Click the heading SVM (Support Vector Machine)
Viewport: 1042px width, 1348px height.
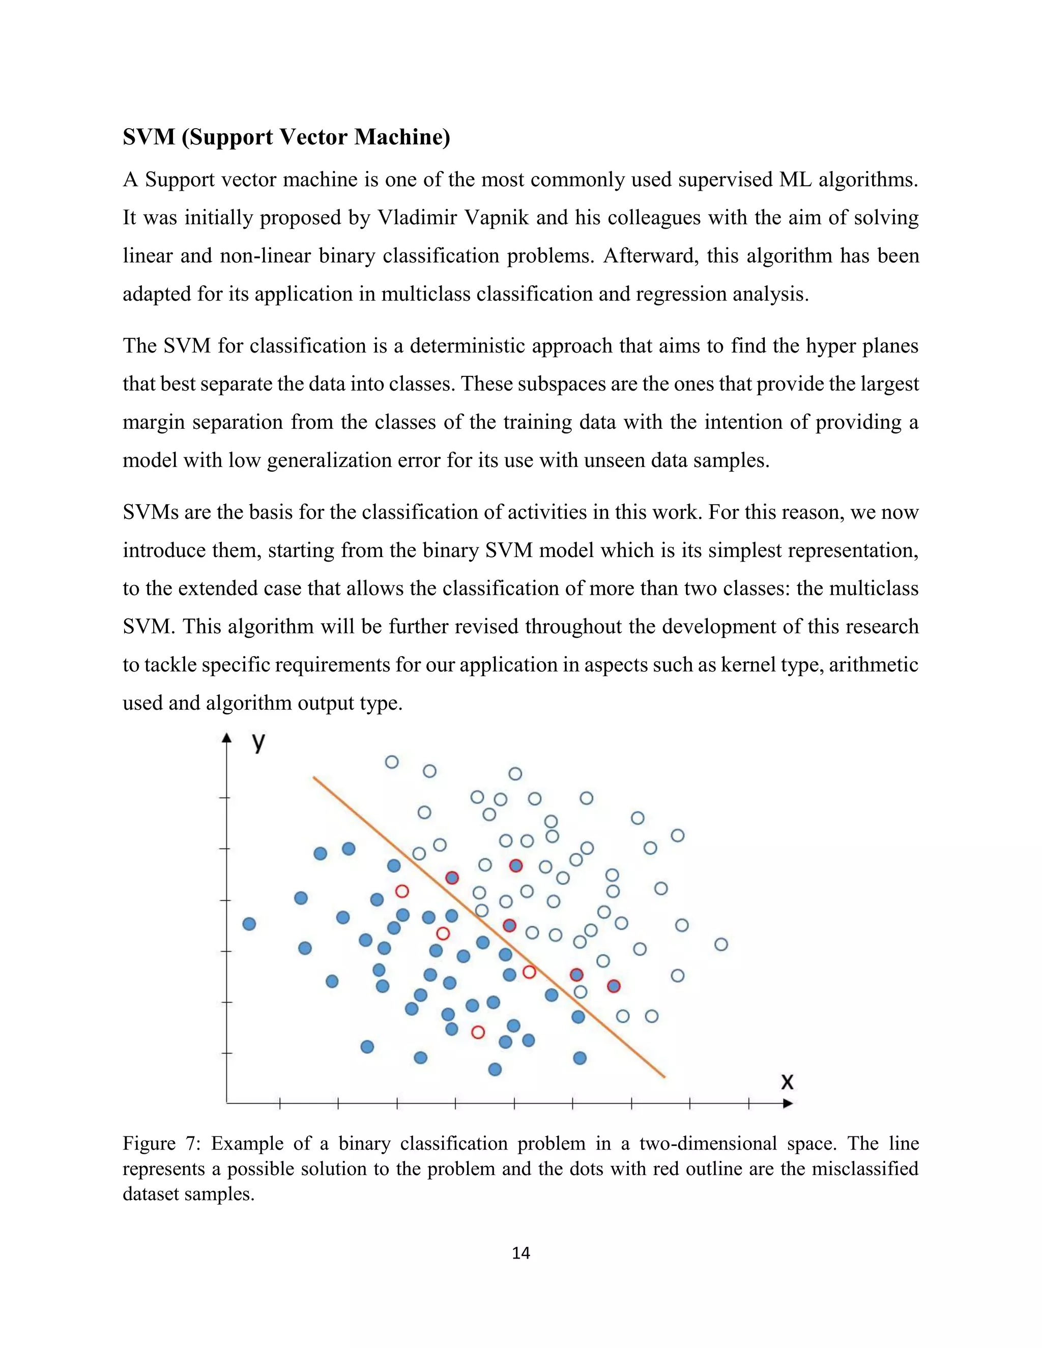pyautogui.click(x=286, y=136)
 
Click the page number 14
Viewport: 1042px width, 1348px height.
pyautogui.click(x=520, y=1252)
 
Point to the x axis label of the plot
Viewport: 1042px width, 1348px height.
pyautogui.click(x=787, y=1081)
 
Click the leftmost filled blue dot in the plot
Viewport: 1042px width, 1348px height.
pyautogui.click(x=249, y=923)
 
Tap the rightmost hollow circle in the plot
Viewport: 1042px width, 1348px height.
pyautogui.click(x=721, y=944)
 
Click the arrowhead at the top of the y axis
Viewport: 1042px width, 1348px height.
pyautogui.click(x=226, y=738)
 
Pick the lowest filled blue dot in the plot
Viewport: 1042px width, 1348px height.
pyautogui.click(x=495, y=1069)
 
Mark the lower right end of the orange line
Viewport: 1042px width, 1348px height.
pyautogui.click(x=664, y=1077)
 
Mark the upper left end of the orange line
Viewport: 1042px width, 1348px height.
pyautogui.click(x=314, y=777)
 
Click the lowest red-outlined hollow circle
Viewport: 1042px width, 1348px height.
pyautogui.click(x=478, y=1032)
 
